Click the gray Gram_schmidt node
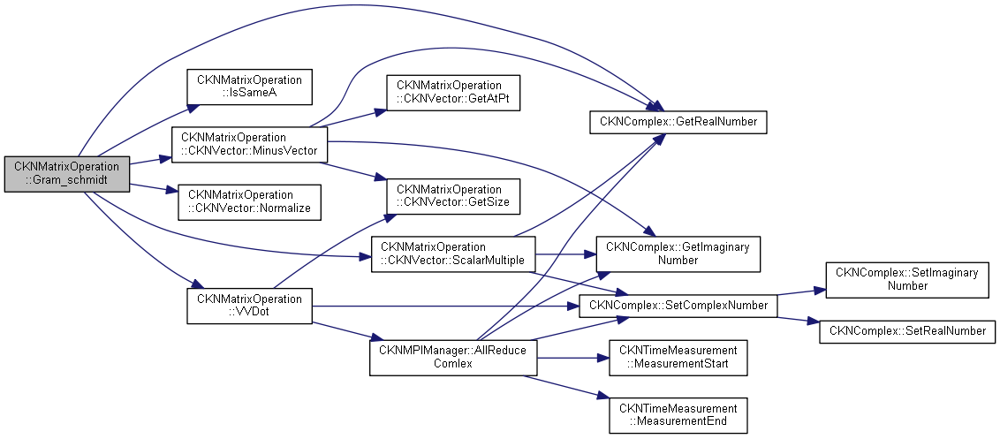click(67, 173)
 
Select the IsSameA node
click(249, 86)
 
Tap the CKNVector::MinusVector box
click(248, 144)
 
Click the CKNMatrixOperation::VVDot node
click(249, 306)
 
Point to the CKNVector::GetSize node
click(449, 196)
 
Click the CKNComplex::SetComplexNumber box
click(678, 306)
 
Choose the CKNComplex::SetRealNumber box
click(908, 331)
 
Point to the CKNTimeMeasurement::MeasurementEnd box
click(678, 415)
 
